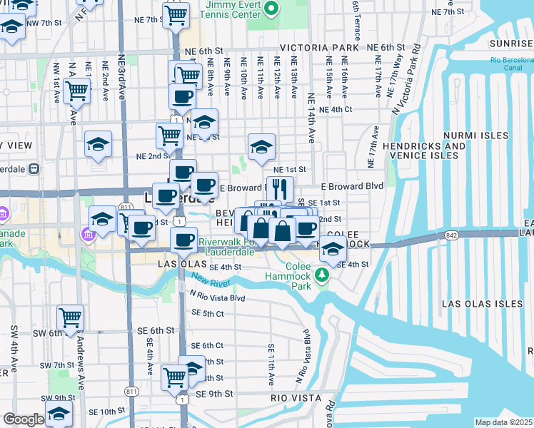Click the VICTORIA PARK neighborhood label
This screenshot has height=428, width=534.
point(318,48)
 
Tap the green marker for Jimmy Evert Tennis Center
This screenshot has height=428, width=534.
point(271,9)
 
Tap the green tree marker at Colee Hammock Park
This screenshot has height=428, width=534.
point(323,275)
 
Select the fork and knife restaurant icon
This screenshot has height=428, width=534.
point(280,189)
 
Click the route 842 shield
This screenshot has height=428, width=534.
point(450,234)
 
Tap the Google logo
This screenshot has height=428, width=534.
point(23,419)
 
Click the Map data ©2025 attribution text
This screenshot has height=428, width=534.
point(503,422)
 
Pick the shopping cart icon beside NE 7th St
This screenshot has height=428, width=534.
point(176,14)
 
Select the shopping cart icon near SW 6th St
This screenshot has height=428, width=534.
point(70,317)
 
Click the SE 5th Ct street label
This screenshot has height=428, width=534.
point(208,313)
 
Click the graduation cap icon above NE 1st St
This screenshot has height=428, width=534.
point(261,146)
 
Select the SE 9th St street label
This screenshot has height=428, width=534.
point(212,394)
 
